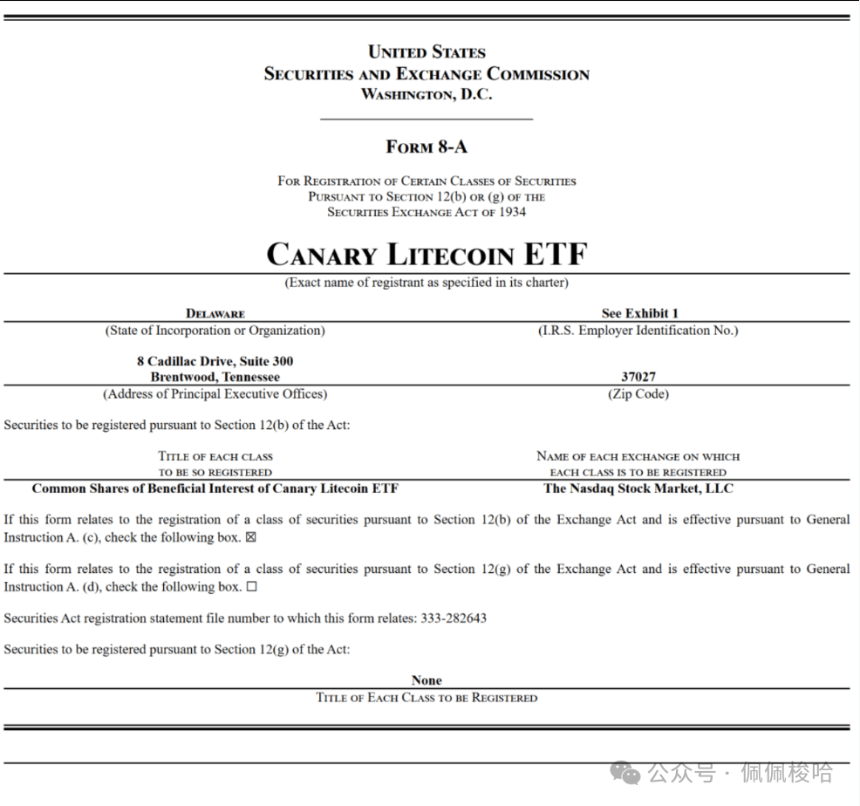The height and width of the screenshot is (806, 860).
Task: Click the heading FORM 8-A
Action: pyautogui.click(x=427, y=147)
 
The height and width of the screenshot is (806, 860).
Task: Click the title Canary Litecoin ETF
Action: pyautogui.click(x=427, y=254)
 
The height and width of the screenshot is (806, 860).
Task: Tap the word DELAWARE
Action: pyautogui.click(x=215, y=313)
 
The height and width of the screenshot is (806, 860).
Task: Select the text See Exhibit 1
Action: pyautogui.click(x=639, y=313)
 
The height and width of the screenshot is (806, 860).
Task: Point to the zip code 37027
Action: pyautogui.click(x=638, y=377)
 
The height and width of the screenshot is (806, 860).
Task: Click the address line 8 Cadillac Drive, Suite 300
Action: pyautogui.click(x=215, y=361)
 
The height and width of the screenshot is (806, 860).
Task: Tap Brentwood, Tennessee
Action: pyautogui.click(x=215, y=377)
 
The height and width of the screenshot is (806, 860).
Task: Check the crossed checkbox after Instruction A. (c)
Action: pyautogui.click(x=251, y=537)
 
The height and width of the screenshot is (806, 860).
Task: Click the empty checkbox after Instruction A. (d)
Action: pyautogui.click(x=252, y=587)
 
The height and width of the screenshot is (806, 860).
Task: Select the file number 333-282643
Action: pyautogui.click(x=454, y=618)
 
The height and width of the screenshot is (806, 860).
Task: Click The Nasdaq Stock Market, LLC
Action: pyautogui.click(x=638, y=488)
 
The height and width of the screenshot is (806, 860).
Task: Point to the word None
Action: pyautogui.click(x=427, y=680)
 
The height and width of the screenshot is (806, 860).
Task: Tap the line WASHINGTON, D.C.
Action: pyautogui.click(x=427, y=94)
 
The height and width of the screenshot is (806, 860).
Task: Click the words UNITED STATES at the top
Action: pyautogui.click(x=427, y=52)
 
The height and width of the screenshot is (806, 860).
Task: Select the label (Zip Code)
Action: pyautogui.click(x=638, y=394)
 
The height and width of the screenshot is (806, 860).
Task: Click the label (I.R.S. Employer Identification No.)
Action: pyautogui.click(x=638, y=331)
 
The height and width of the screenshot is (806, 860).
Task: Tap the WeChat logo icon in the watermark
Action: pyautogui.click(x=625, y=773)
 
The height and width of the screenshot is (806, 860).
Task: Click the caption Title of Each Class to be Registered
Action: pyautogui.click(x=427, y=698)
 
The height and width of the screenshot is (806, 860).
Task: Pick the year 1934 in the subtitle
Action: pyautogui.click(x=512, y=212)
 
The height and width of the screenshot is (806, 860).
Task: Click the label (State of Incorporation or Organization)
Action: pyautogui.click(x=215, y=331)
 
